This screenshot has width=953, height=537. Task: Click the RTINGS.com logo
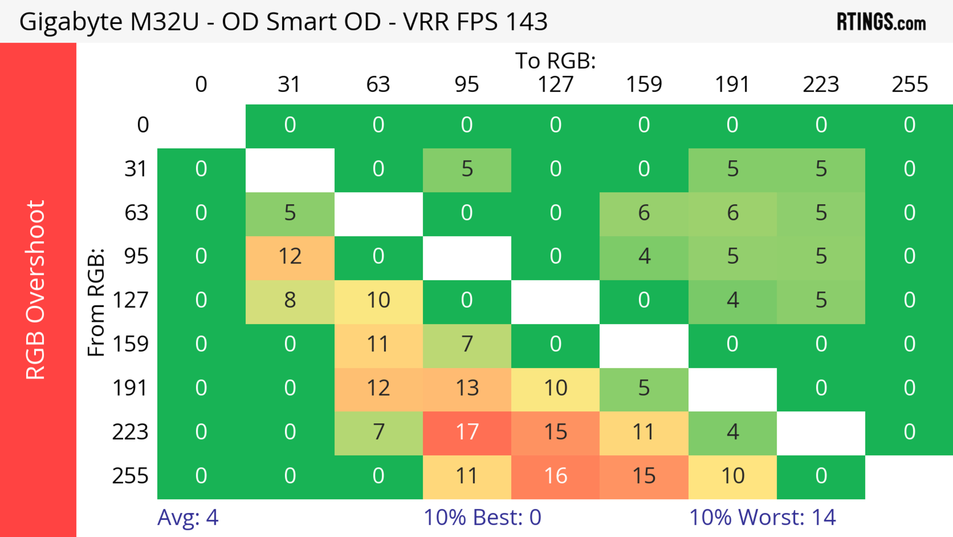pyautogui.click(x=881, y=22)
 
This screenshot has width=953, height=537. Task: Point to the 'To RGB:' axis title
pyautogui.click(x=555, y=61)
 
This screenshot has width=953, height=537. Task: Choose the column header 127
pyautogui.click(x=555, y=84)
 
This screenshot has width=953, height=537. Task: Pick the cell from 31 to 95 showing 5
pyautogui.click(x=467, y=169)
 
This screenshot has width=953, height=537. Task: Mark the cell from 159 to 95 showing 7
pyautogui.click(x=467, y=344)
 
